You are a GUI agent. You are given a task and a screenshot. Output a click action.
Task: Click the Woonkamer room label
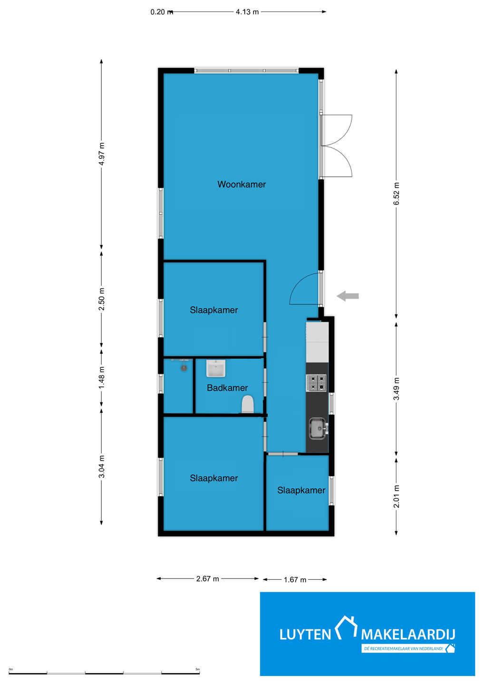click(x=242, y=185)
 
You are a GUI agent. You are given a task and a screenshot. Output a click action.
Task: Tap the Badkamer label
click(x=227, y=388)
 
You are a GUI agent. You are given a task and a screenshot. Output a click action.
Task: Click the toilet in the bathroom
click(x=248, y=404)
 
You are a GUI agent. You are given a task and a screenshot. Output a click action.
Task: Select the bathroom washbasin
click(x=216, y=368)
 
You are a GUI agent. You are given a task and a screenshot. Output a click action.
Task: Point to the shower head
click(x=184, y=368)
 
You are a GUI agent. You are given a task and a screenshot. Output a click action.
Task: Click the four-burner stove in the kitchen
click(x=316, y=382)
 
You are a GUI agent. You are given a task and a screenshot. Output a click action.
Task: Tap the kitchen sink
click(x=318, y=429)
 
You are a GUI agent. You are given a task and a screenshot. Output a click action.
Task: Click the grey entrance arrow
click(x=348, y=296)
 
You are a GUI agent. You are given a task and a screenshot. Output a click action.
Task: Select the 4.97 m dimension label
click(x=102, y=154)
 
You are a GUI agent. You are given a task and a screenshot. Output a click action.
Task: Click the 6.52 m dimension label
click(x=397, y=194)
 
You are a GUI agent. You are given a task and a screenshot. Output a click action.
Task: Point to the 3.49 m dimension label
click(x=397, y=389)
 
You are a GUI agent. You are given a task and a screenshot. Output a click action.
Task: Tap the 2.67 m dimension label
click(x=207, y=578)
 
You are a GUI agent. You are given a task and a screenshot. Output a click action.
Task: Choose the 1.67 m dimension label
click(x=295, y=579)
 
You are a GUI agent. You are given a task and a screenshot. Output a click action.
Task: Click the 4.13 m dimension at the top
click(x=247, y=11)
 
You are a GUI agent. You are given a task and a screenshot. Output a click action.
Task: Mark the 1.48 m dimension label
click(x=102, y=377)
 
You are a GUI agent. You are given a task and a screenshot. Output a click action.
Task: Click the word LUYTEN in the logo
click(x=305, y=635)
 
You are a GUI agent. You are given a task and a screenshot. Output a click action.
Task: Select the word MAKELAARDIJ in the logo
click(x=408, y=635)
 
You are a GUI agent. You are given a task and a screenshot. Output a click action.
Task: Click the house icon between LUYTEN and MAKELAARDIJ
click(x=346, y=627)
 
